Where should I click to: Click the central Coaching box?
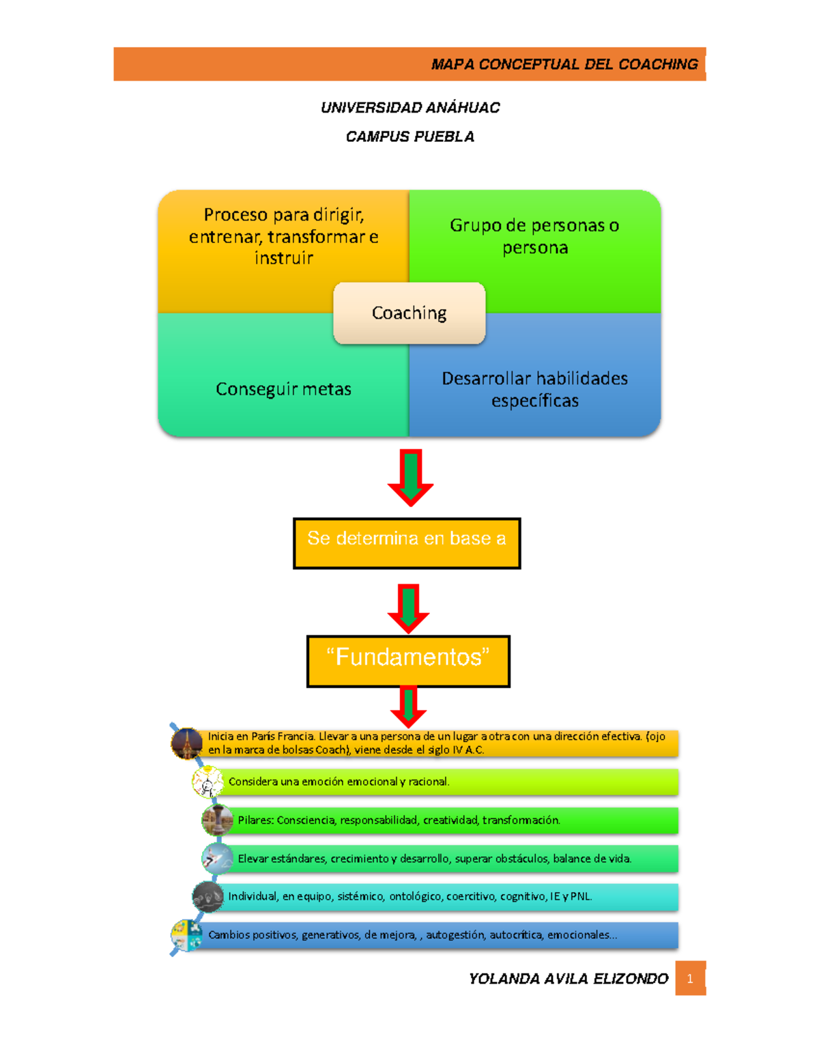(409, 313)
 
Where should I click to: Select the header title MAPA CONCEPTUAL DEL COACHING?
(564, 64)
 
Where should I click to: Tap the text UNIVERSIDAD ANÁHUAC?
(410, 108)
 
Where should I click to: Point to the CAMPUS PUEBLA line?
(410, 137)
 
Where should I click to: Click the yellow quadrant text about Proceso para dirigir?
(283, 236)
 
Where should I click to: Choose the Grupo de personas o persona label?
(534, 236)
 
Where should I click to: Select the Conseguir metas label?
(283, 389)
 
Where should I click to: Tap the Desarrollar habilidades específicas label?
(534, 389)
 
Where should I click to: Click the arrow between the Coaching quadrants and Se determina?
(410, 477)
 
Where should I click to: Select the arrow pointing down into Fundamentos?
(408, 607)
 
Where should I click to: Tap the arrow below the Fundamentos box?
(408, 706)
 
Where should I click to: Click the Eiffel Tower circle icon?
(186, 743)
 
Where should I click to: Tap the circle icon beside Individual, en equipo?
(207, 897)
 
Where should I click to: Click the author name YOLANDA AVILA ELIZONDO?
(568, 979)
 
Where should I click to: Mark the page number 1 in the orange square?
(690, 979)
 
